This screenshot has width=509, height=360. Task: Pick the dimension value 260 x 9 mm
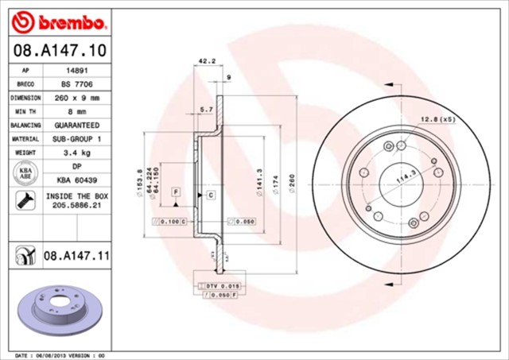[76, 98]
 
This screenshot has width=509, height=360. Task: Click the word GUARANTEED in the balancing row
[76, 125]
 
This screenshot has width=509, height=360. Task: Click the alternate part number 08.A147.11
[76, 255]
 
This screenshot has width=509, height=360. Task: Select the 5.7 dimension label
[206, 108]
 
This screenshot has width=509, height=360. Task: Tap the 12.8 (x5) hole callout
[437, 119]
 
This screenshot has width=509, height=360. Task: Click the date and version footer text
[60, 354]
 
